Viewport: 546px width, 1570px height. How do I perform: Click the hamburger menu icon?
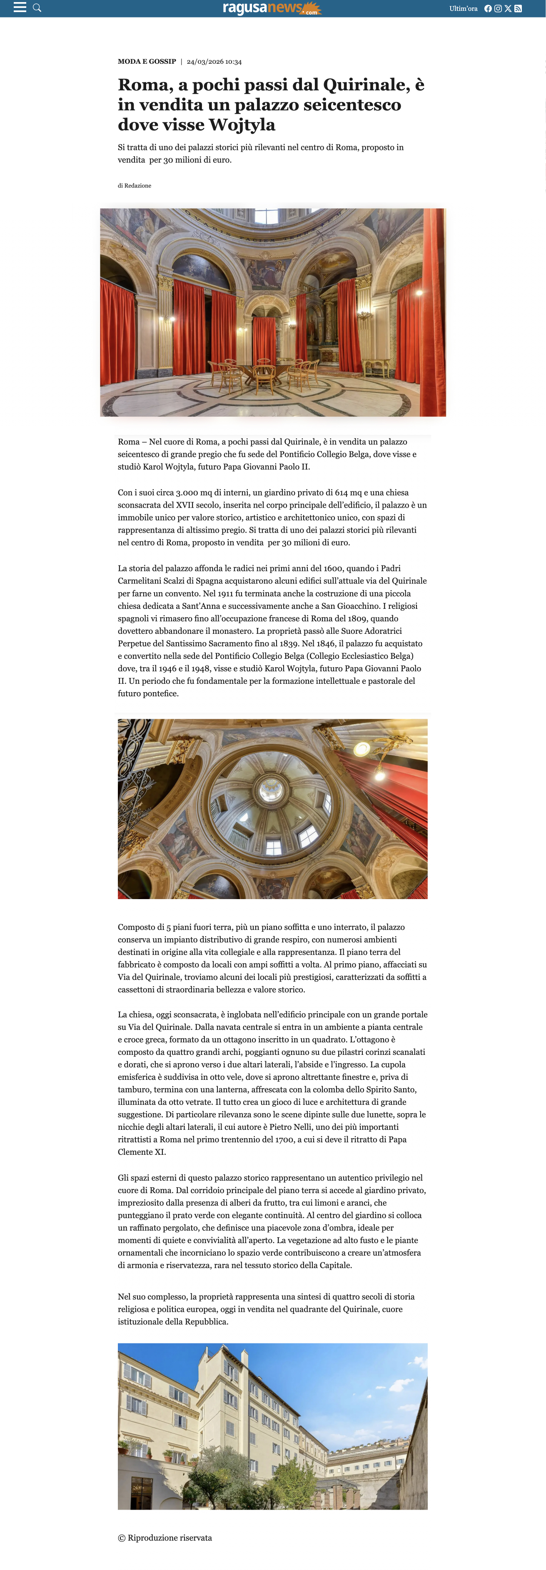pyautogui.click(x=20, y=7)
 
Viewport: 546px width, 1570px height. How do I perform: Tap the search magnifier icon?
pyautogui.click(x=37, y=8)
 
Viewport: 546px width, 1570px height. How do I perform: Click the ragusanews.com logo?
pyautogui.click(x=271, y=8)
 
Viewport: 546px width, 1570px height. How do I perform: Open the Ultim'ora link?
pyautogui.click(x=463, y=8)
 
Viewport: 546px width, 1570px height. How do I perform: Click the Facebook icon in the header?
pyautogui.click(x=488, y=8)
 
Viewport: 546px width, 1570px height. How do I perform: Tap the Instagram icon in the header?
pyautogui.click(x=498, y=8)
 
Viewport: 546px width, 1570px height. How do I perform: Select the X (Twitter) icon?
pyautogui.click(x=508, y=8)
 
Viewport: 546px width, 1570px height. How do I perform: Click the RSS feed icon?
pyautogui.click(x=518, y=8)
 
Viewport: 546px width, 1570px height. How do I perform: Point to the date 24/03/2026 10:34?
pyautogui.click(x=214, y=62)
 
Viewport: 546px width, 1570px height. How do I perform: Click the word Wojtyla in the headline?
pyautogui.click(x=242, y=125)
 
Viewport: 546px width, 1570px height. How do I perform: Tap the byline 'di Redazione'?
pyautogui.click(x=135, y=185)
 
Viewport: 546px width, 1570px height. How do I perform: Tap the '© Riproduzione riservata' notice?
pyautogui.click(x=165, y=1538)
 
